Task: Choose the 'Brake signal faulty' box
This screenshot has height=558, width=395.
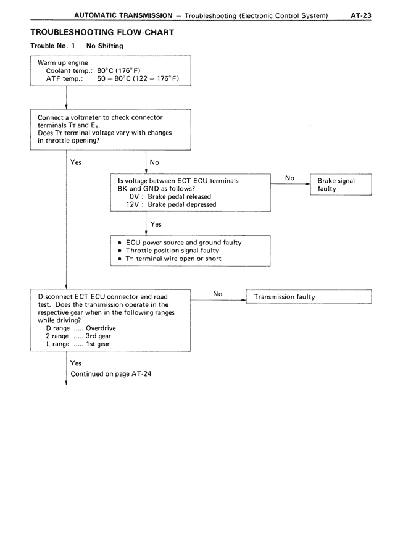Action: [x=341, y=185]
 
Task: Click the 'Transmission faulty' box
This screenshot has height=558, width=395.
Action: [x=309, y=297]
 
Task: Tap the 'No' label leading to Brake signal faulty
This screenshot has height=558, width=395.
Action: [x=290, y=178]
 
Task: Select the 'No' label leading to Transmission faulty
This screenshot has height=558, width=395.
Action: [x=218, y=294]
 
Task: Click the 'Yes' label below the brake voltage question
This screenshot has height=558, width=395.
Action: [x=156, y=224]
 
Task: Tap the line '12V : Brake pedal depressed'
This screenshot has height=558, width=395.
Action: [x=171, y=204]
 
